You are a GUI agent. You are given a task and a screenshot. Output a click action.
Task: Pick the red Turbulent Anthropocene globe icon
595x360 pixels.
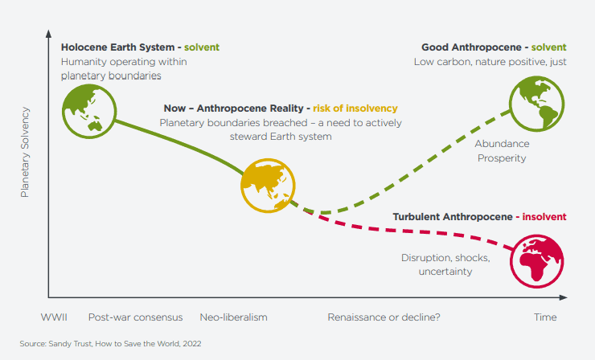click(x=540, y=259)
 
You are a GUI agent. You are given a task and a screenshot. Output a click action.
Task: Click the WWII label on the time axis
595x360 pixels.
click(x=54, y=317)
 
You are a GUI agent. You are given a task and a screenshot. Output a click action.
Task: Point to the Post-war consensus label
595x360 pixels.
click(x=135, y=317)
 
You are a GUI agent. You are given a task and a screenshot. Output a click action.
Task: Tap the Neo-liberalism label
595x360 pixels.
click(x=233, y=317)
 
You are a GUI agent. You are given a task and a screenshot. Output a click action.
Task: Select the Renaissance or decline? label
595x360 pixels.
click(x=384, y=317)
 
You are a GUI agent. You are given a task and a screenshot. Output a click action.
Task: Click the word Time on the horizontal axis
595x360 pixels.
click(x=545, y=317)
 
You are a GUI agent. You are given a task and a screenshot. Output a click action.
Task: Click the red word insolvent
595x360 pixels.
click(x=544, y=217)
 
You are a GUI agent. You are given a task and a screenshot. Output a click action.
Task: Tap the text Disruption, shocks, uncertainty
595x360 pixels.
click(x=437, y=264)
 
